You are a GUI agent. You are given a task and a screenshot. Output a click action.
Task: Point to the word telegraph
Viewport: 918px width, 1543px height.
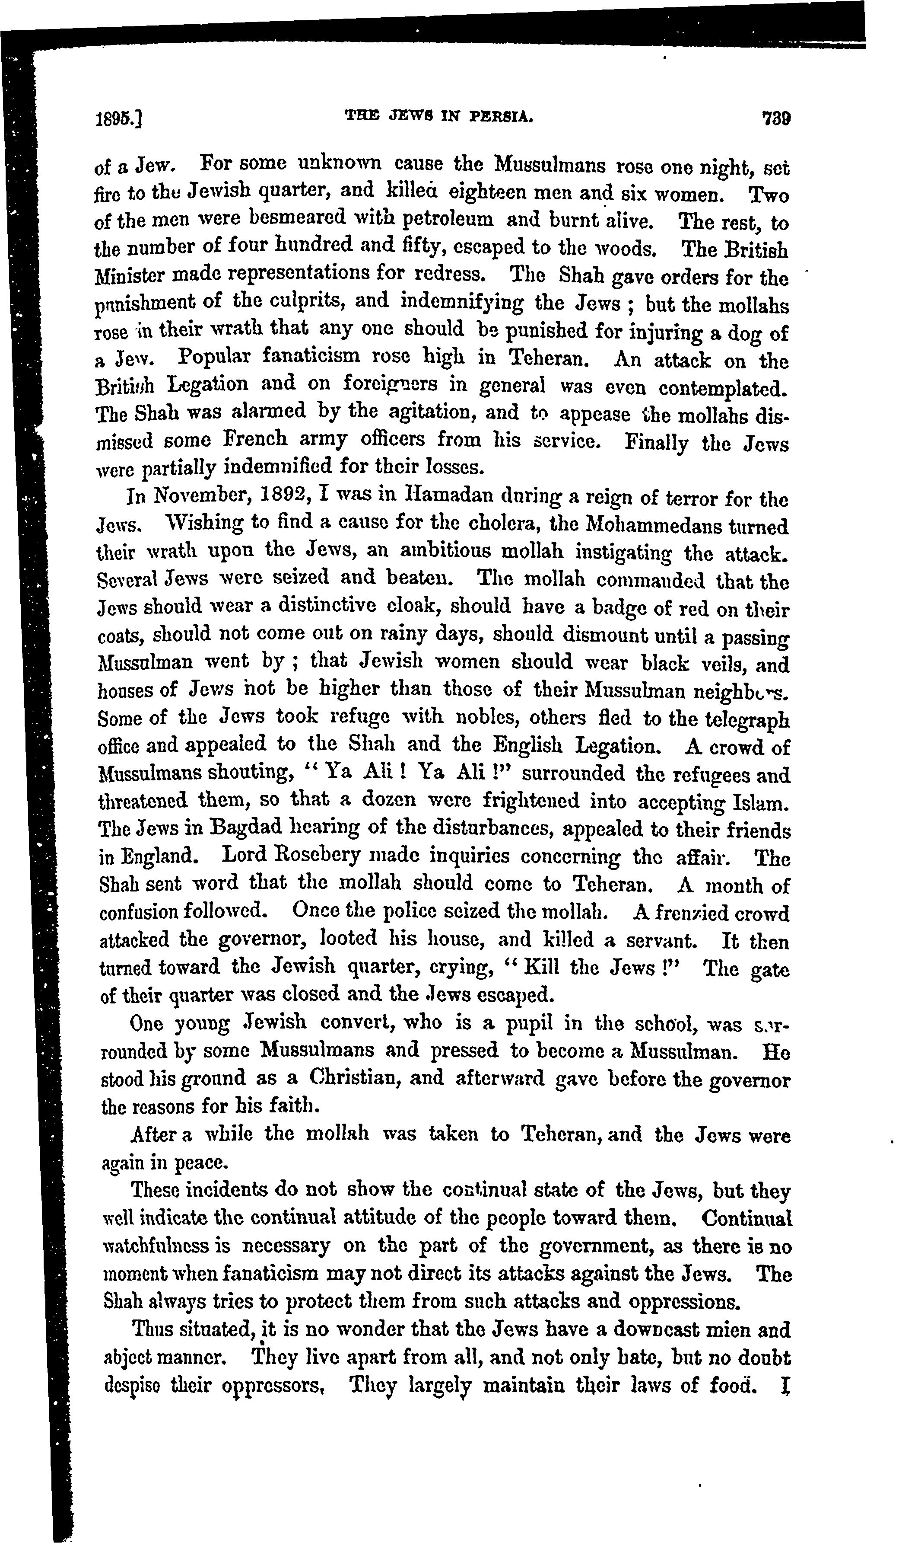tap(742, 719)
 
